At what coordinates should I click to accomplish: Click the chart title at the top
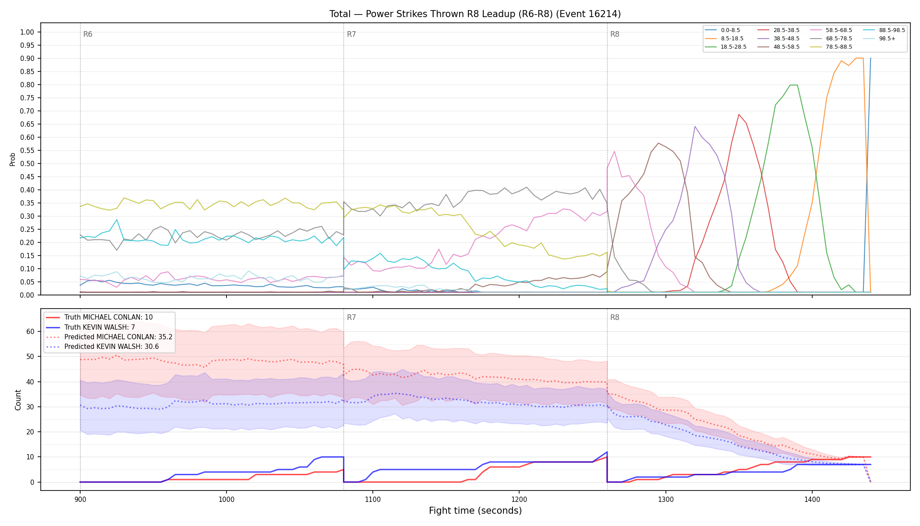475,14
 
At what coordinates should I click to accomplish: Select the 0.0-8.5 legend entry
722,30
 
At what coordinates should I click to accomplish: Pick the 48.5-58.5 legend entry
778,47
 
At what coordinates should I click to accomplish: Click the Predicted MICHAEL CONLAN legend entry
109,337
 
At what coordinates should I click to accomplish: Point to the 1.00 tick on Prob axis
27,32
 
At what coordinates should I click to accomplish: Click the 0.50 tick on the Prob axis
27,163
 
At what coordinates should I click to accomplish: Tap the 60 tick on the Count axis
30,331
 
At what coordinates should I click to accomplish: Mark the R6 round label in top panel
88,34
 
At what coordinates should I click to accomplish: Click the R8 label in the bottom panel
615,317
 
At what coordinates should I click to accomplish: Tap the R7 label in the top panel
351,34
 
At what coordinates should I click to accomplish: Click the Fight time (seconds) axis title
475,511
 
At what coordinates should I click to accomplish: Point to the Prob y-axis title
13,159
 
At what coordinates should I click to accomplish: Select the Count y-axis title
18,400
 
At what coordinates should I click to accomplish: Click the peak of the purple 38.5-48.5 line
695,126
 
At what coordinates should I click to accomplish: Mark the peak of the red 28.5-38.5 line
739,114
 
